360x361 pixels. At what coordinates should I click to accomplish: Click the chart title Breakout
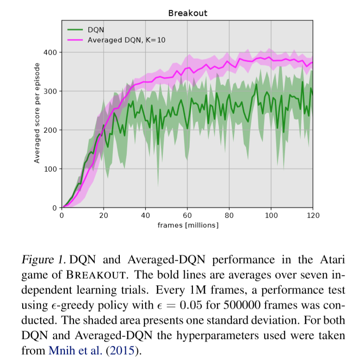coord(187,13)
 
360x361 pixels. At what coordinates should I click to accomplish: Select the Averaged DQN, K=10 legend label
coord(126,40)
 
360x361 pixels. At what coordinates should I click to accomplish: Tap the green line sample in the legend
coord(75,30)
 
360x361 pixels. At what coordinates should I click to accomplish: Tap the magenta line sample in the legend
coord(75,40)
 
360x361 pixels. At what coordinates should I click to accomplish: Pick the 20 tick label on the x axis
coord(104,215)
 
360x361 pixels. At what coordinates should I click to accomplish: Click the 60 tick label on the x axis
coord(187,215)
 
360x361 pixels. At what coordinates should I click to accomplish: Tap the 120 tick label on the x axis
coord(313,215)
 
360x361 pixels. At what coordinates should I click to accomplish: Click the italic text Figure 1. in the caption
coord(43,259)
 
